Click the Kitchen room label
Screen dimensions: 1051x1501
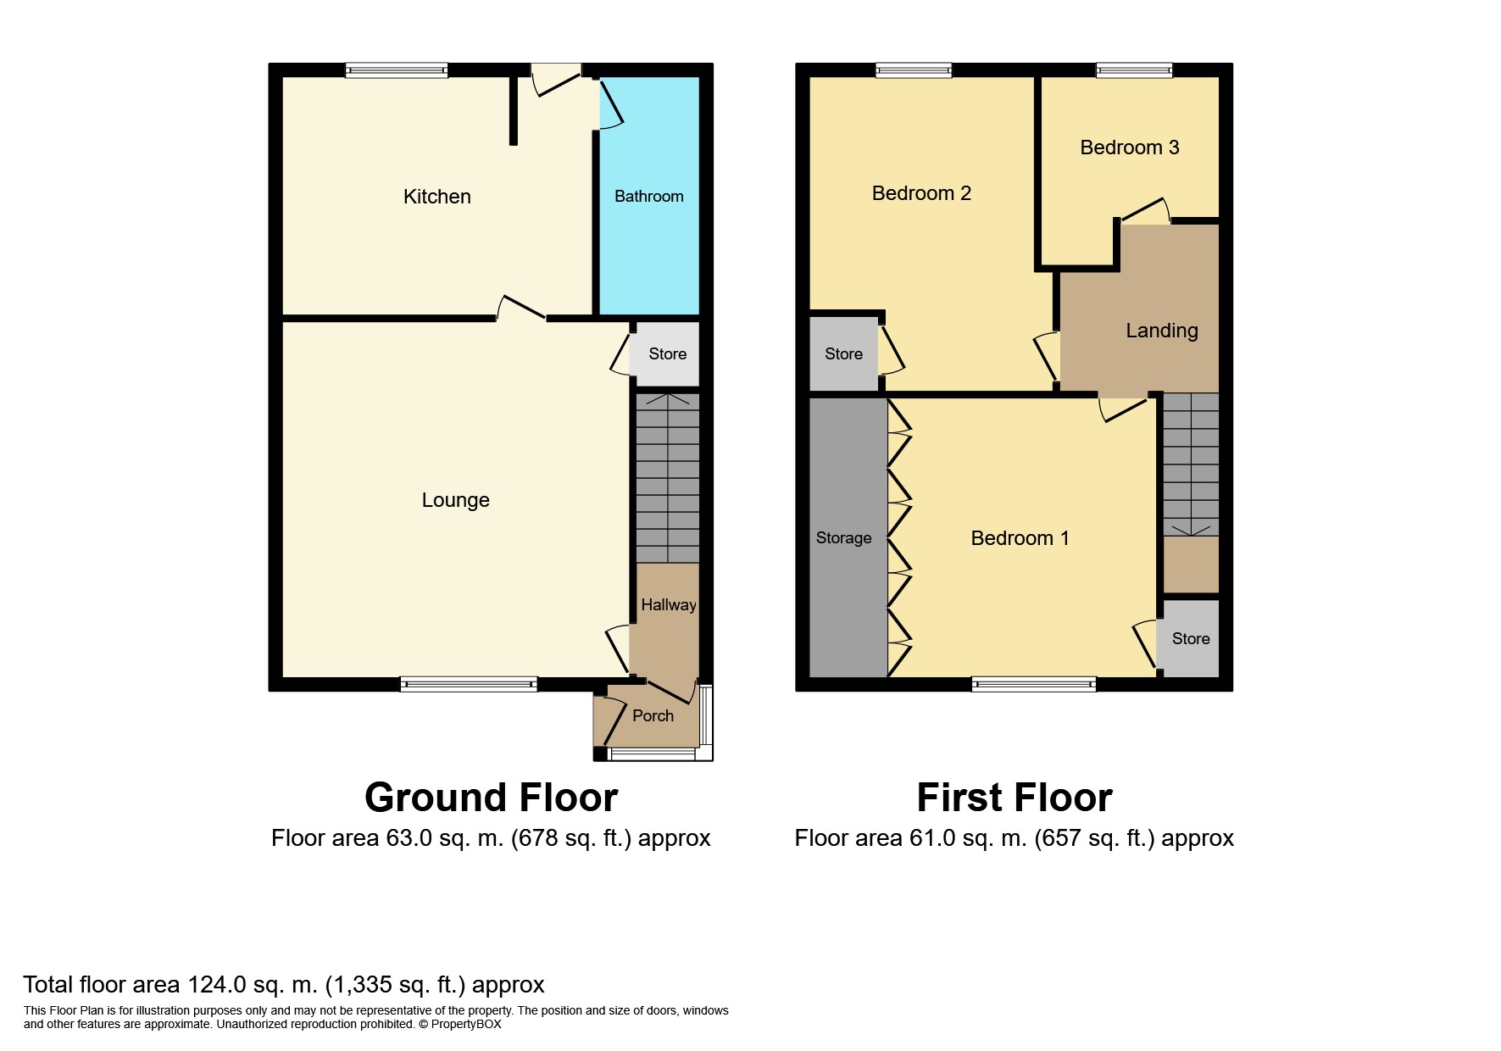(436, 197)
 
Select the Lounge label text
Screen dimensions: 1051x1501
(455, 500)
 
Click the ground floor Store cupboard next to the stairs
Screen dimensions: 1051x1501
(667, 354)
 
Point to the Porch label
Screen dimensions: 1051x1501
(653, 716)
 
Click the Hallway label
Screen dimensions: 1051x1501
(668, 605)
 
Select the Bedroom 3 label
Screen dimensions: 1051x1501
(1129, 147)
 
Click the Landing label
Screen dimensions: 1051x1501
(1161, 331)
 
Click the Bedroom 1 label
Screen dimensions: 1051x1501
(1020, 538)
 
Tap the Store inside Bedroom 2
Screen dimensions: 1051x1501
(843, 354)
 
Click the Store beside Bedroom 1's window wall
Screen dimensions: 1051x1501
(1190, 639)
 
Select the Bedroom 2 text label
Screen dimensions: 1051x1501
(921, 193)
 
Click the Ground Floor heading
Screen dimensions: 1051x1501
(491, 798)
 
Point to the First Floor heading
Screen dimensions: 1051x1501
(1014, 798)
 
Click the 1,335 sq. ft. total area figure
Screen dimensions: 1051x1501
(395, 985)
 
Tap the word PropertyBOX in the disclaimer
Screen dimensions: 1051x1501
(466, 1024)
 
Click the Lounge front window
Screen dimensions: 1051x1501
(468, 684)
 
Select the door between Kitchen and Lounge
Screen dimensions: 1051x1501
(521, 310)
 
